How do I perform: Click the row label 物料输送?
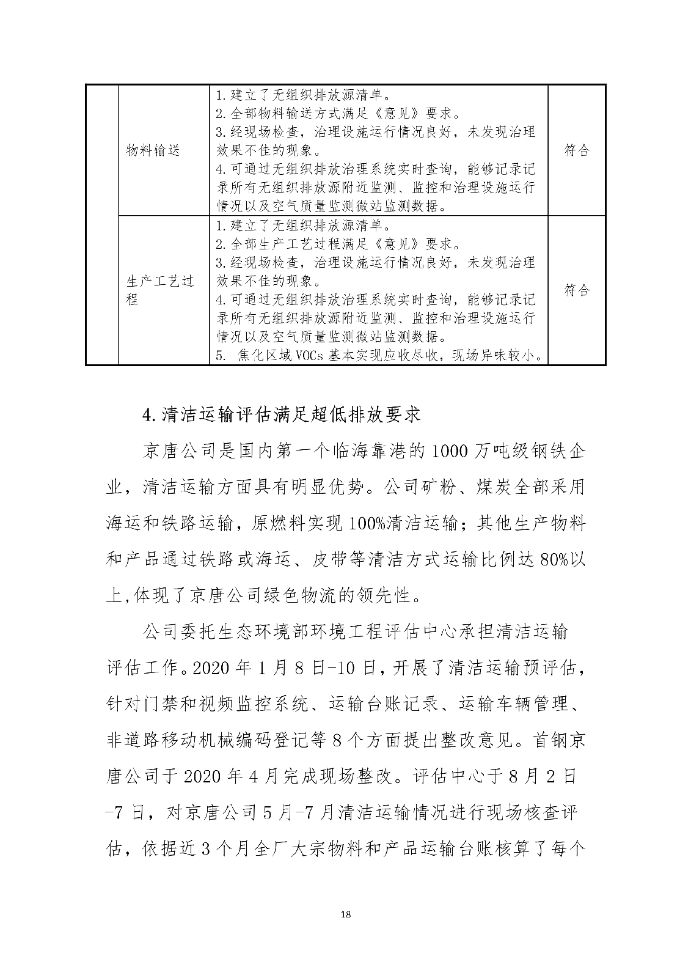coord(153,150)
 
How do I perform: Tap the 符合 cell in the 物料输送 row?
coord(577,150)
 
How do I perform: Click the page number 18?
coord(346,932)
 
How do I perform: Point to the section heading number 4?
coord(147,416)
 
